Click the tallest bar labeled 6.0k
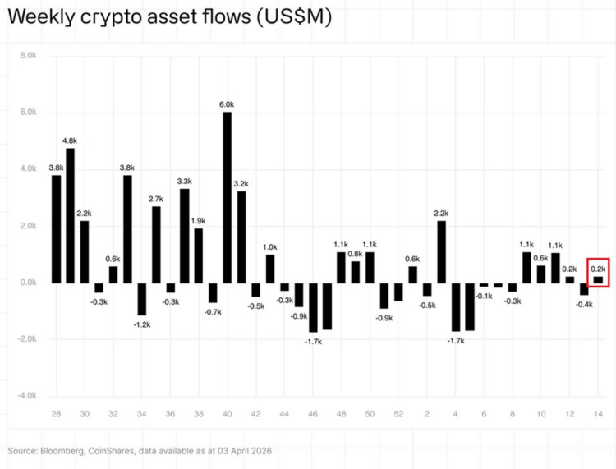[228, 197]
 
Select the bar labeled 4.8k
[71, 215]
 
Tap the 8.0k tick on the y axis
[28, 56]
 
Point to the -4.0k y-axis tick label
[27, 396]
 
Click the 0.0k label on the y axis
[28, 283]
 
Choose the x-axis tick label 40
[228, 413]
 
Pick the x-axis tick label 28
[56, 413]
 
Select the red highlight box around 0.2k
[598, 272]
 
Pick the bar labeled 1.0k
[270, 269]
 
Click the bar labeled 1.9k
[199, 255]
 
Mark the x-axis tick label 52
[398, 413]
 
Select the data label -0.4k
[583, 305]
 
